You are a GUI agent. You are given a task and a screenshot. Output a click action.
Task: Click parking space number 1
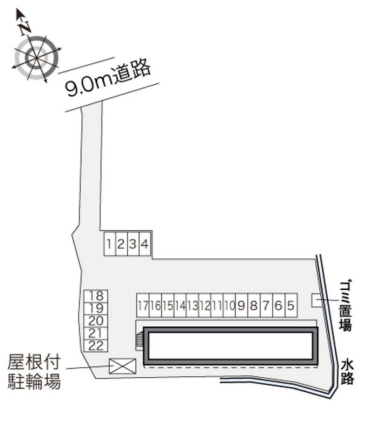coord(109,244)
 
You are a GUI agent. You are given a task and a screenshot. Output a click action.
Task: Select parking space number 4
coord(145,244)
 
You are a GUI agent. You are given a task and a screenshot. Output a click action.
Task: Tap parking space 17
coord(143,305)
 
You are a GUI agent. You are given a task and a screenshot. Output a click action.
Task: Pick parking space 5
coord(291,305)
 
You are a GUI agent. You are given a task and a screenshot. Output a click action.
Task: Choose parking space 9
coord(241,305)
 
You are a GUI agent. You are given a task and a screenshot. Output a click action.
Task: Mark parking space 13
coord(192,305)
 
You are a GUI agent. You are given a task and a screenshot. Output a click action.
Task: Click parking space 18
coord(96,296)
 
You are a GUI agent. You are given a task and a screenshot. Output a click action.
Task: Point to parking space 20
coord(96,321)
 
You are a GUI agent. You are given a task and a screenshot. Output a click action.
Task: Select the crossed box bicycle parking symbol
coord(122,366)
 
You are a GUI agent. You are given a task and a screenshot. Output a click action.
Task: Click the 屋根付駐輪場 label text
coord(34,372)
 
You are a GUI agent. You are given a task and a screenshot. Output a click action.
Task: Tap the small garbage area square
coord(317,300)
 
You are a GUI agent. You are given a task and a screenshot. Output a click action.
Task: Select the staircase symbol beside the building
coord(140,340)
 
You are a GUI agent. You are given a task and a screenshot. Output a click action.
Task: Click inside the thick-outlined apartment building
coord(230,346)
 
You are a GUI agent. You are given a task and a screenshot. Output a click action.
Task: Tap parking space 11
coord(217,305)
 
